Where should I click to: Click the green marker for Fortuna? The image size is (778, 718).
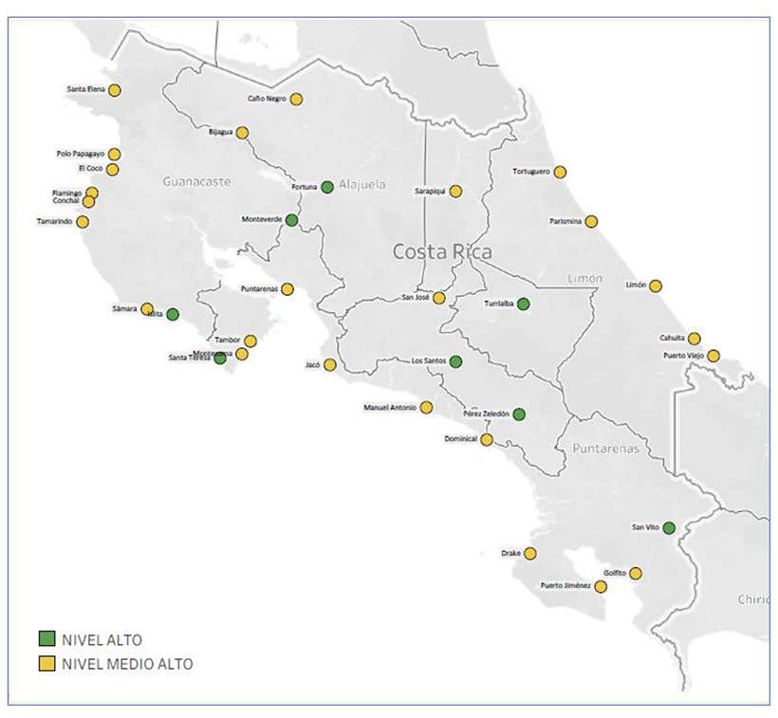click(327, 187)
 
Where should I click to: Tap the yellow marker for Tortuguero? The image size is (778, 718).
click(561, 172)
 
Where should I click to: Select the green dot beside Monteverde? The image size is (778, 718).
click(292, 220)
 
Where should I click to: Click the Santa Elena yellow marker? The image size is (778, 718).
click(115, 90)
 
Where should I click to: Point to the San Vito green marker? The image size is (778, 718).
click(669, 527)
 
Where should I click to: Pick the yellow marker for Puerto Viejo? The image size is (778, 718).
click(713, 356)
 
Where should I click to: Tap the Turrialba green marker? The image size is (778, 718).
click(523, 304)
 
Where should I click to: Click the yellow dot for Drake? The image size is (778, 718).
click(530, 553)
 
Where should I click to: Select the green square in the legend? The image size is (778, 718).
click(45, 639)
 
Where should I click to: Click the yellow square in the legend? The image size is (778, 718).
click(45, 664)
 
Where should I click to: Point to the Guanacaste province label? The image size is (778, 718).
click(196, 180)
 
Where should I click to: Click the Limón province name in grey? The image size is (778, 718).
click(584, 278)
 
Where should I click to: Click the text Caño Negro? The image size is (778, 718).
click(267, 99)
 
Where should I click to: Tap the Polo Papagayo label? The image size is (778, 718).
click(79, 154)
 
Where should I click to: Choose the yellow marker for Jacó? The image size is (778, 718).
click(330, 364)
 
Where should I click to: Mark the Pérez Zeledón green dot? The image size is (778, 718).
click(519, 414)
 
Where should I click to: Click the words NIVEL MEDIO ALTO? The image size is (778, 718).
click(127, 664)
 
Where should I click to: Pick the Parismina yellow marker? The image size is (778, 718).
click(591, 221)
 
